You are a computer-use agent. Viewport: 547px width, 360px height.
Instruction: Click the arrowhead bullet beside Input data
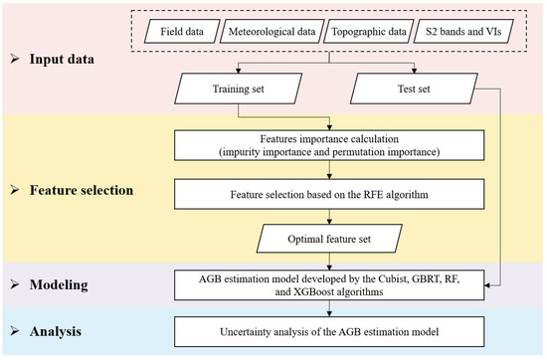click(14, 60)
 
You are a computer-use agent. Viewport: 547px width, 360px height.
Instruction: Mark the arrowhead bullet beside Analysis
click(14, 325)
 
